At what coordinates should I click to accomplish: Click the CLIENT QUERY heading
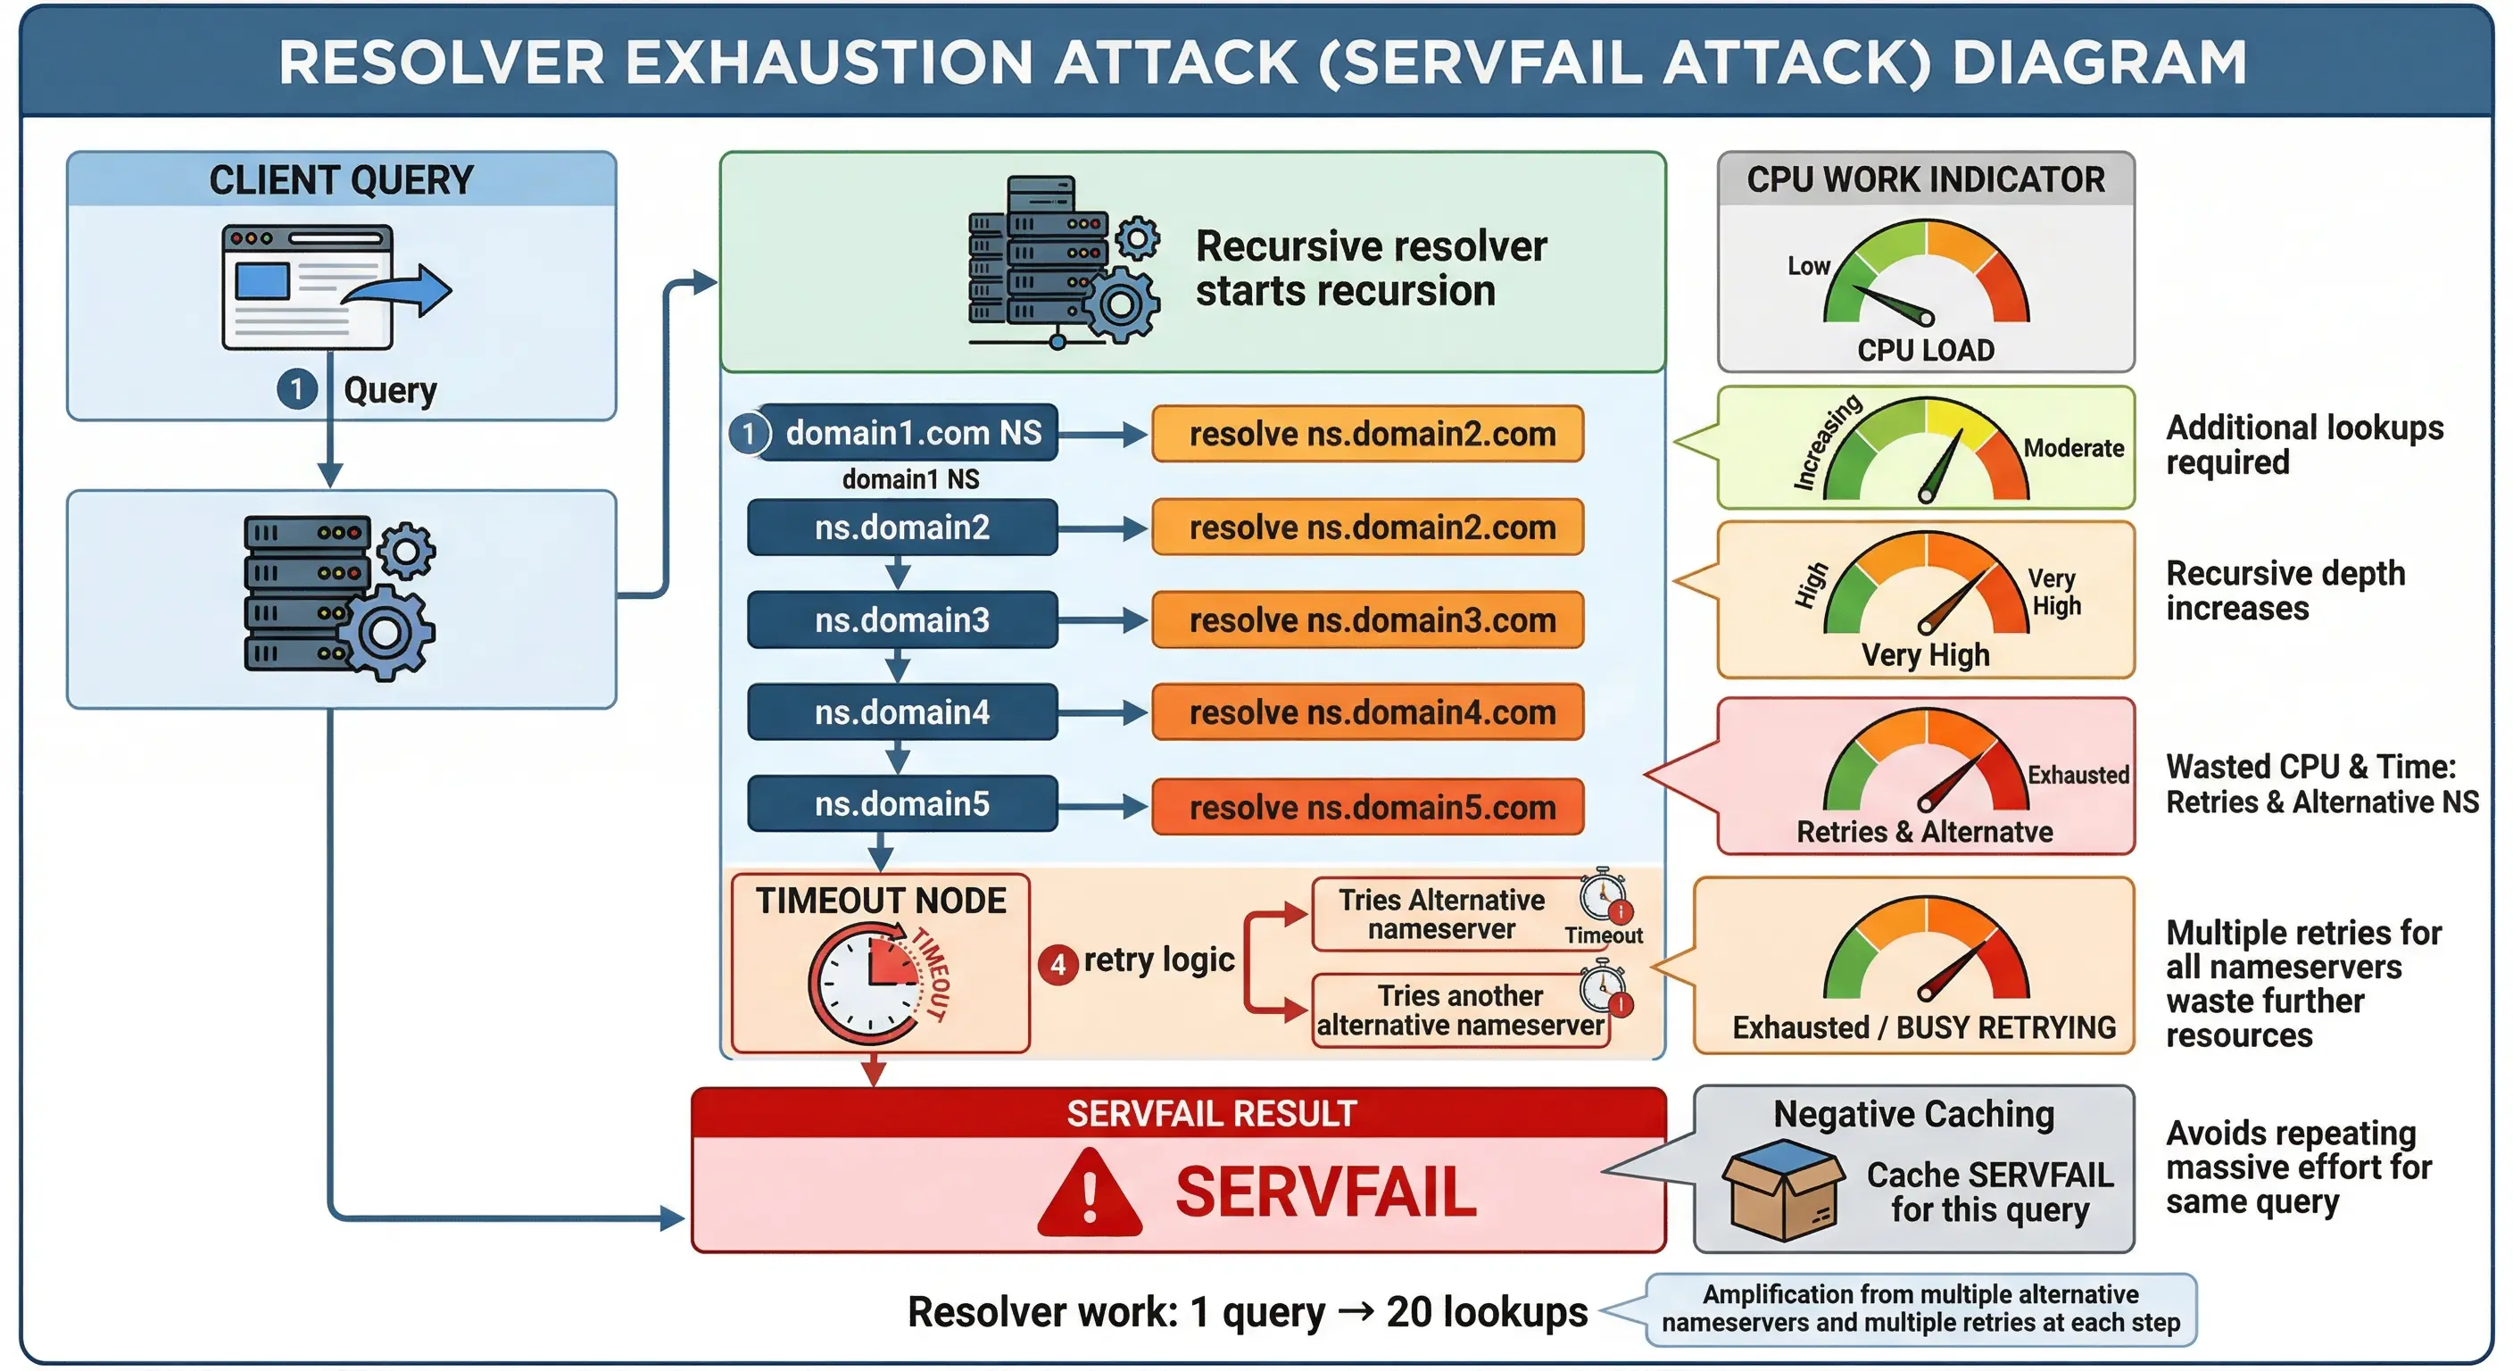pos(341,180)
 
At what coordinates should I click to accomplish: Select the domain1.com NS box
pos(908,432)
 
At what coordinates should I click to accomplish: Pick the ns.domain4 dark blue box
pos(901,712)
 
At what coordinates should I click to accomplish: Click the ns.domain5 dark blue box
pos(901,804)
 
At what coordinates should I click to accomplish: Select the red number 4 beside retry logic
pos(1057,965)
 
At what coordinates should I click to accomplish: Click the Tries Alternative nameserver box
pos(1441,914)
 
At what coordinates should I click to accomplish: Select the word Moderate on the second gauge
pos(2073,448)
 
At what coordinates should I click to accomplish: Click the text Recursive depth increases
pos(2284,590)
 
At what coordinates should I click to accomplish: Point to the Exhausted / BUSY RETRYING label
pos(1923,1027)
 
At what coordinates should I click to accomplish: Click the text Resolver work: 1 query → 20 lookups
pos(1247,1312)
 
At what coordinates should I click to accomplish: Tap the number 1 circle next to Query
pos(296,388)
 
